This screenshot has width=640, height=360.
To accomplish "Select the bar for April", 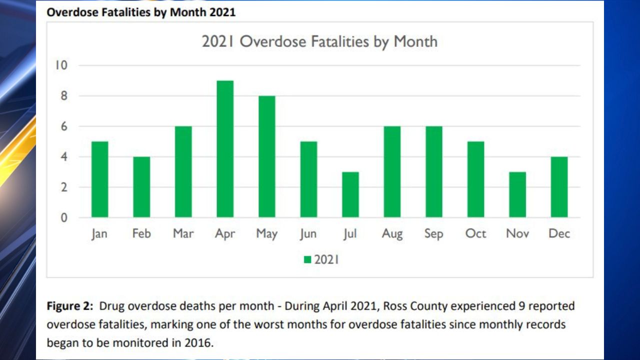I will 225,149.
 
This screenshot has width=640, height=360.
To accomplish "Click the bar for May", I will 266,156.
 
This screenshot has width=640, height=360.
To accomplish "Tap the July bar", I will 350,194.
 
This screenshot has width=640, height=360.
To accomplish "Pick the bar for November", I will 517,194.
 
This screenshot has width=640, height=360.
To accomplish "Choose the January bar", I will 99,179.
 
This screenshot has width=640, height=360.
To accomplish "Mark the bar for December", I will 559,187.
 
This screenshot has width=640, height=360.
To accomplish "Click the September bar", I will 433,172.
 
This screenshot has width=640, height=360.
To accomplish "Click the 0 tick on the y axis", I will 64,218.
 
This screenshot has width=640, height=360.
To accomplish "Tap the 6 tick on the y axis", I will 64,126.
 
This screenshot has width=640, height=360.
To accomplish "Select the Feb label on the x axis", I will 141,233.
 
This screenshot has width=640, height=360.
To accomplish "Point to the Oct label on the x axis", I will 475,233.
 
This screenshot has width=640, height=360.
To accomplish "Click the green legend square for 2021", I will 307,259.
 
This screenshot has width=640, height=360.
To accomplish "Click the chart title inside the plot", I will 319,41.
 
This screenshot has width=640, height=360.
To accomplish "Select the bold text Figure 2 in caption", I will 68,305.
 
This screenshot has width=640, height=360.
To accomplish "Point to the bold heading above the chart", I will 141,12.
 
